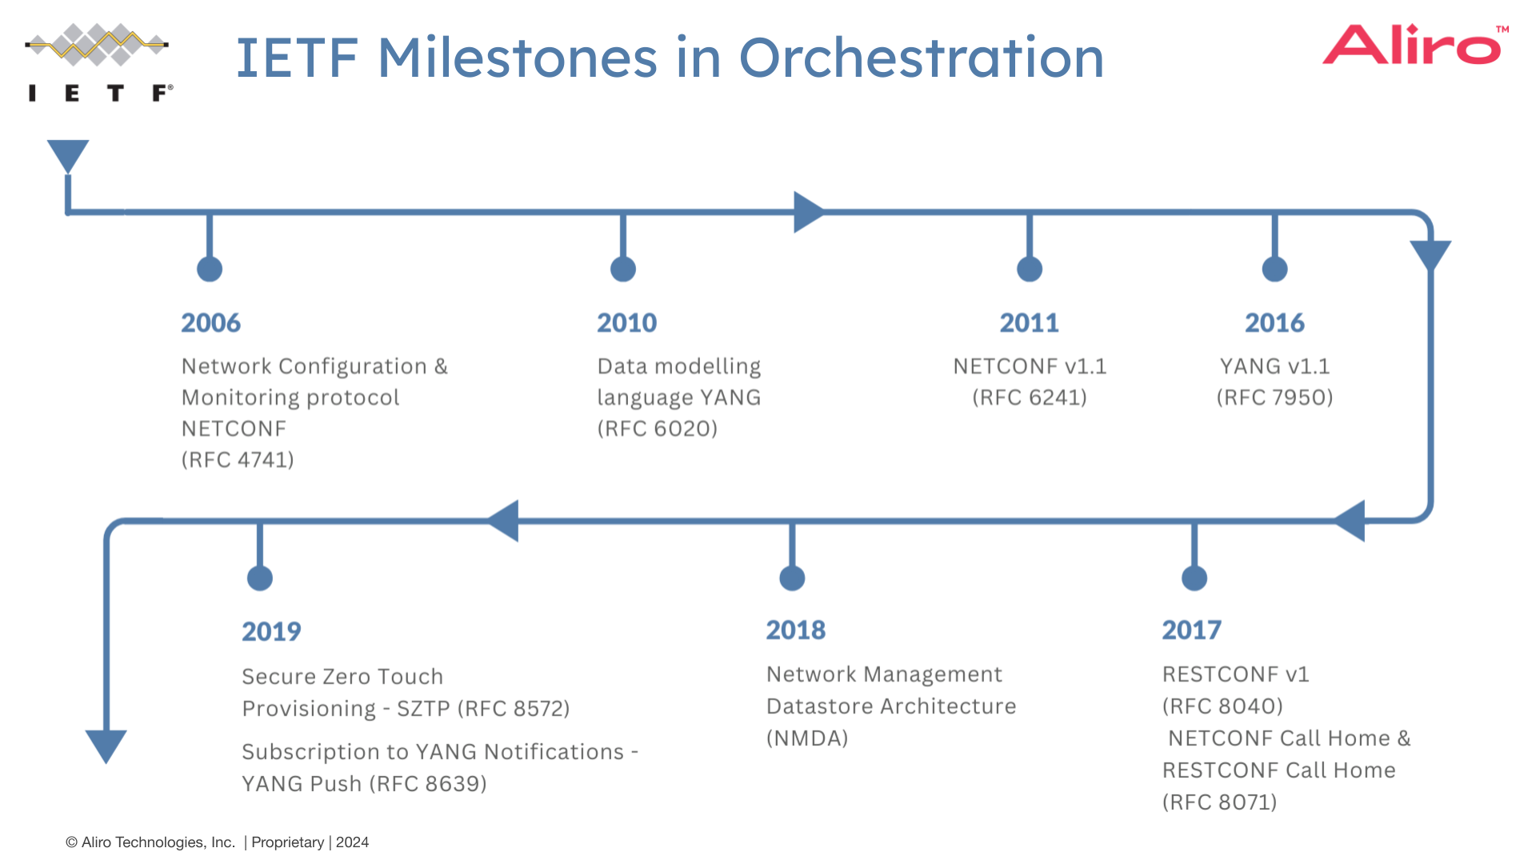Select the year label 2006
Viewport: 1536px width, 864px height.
tap(210, 322)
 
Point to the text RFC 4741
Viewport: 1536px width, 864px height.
tap(238, 460)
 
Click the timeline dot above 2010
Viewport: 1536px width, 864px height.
tap(622, 269)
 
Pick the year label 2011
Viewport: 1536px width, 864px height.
tap(1029, 322)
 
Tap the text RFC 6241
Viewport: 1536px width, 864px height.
tap(1030, 398)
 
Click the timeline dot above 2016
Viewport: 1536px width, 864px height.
tap(1274, 269)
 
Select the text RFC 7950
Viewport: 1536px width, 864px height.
tap(1274, 398)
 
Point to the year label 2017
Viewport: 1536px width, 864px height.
tap(1191, 630)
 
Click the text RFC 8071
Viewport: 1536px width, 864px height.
tap(1220, 802)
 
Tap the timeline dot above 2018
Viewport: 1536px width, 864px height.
tap(792, 578)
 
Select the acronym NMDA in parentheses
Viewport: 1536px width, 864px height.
tap(807, 738)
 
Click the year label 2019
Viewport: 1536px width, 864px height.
tap(271, 632)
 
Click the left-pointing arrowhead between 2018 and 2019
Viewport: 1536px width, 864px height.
tap(504, 521)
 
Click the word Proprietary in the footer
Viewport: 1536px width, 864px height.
tap(287, 842)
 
